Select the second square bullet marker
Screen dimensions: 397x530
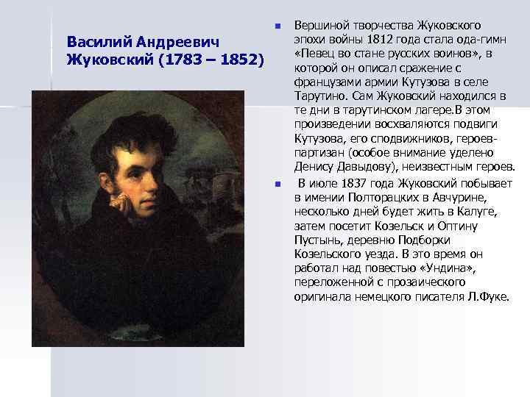coord(278,184)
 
